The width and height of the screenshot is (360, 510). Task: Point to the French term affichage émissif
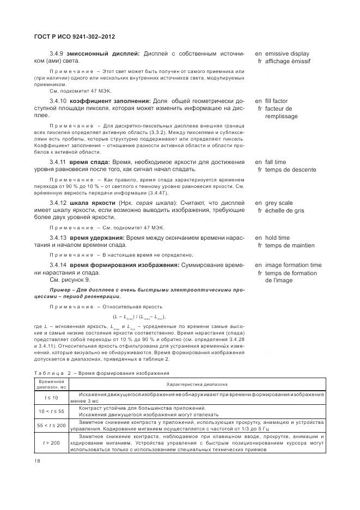[x=293, y=62]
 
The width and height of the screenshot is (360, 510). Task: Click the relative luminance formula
[x=139, y=317]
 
